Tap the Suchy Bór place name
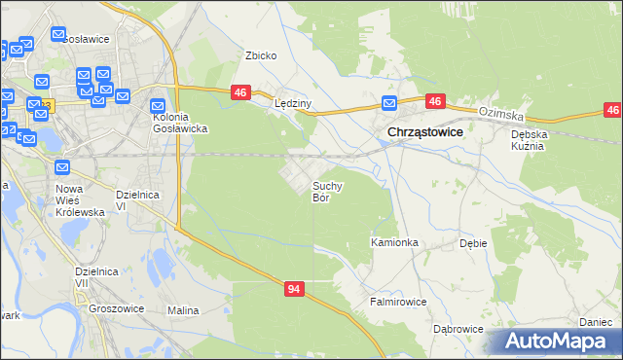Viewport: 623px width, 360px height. tap(326, 191)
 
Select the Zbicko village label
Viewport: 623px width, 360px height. tap(261, 55)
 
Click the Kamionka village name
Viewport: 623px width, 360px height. tap(394, 241)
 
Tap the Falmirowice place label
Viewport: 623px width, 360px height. tap(397, 302)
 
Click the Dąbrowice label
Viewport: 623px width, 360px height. tap(458, 329)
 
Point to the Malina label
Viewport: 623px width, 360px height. tap(183, 310)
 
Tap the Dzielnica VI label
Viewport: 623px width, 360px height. tap(134, 199)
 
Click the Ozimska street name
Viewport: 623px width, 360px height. tap(500, 114)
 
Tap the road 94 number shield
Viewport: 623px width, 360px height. tap(295, 289)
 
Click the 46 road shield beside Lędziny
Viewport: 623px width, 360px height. tap(241, 92)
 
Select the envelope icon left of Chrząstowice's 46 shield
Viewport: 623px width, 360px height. tap(389, 103)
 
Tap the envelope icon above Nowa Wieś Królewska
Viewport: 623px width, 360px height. tap(63, 166)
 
